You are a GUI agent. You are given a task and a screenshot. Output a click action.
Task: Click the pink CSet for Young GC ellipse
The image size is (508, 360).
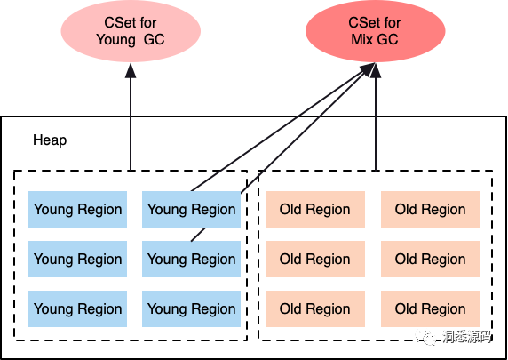131,31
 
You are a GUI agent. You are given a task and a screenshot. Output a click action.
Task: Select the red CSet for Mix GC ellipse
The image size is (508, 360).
375,31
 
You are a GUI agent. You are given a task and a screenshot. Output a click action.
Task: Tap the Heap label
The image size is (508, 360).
50,140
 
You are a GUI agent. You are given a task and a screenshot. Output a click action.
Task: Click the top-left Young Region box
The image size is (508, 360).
77,209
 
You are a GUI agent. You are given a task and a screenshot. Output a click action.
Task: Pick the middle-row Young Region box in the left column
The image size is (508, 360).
77,259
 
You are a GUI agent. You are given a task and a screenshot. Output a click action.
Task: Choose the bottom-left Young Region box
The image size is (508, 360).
77,308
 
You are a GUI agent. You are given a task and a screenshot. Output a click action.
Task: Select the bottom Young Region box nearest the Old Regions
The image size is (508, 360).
191,308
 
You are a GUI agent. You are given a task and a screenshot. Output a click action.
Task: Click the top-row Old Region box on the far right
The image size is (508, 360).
430,209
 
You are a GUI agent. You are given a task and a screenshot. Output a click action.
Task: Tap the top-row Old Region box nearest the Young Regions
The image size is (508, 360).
315,209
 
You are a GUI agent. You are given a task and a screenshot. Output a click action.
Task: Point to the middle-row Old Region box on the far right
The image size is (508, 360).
430,259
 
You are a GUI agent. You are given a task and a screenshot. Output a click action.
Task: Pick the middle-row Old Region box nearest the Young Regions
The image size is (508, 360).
315,259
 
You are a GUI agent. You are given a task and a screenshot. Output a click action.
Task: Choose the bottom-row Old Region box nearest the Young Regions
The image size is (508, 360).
315,308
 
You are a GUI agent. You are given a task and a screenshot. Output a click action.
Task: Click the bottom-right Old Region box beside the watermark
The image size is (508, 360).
430,308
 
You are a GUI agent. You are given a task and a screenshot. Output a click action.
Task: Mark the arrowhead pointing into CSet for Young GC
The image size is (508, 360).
131,70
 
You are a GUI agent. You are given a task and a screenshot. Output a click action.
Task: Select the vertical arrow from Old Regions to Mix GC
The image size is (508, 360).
376,116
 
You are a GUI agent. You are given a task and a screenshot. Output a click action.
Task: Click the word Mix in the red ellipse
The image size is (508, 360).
361,40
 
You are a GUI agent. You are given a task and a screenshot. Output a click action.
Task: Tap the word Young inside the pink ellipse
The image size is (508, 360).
115,40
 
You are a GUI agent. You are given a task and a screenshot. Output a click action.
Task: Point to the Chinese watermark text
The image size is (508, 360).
467,337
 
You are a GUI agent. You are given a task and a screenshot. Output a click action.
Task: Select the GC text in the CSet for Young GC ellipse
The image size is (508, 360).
155,40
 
